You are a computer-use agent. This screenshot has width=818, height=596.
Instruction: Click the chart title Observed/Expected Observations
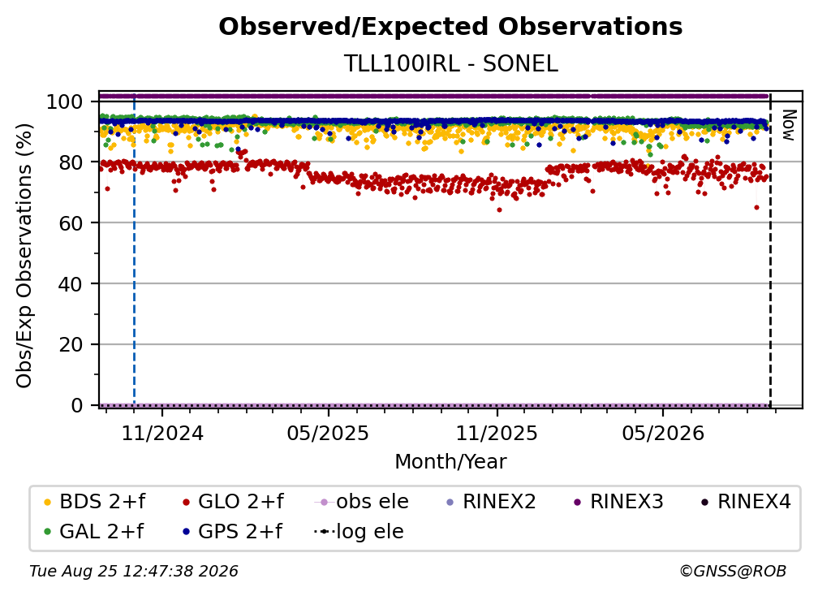pyautogui.click(x=450, y=27)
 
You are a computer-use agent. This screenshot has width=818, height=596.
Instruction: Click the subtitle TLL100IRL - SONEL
pyautogui.click(x=450, y=63)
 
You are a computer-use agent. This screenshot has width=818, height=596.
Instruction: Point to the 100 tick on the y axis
pyautogui.click(x=65, y=101)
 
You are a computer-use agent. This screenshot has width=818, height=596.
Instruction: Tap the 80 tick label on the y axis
pyautogui.click(x=71, y=162)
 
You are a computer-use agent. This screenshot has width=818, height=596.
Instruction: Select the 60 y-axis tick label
pyautogui.click(x=71, y=223)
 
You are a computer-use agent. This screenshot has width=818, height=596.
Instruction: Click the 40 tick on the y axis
pyautogui.click(x=71, y=284)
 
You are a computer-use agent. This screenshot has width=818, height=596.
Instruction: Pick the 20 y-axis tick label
pyautogui.click(x=71, y=345)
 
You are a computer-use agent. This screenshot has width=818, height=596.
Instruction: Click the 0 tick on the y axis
pyautogui.click(x=76, y=405)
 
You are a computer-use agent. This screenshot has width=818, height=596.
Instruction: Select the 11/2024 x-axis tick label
pyautogui.click(x=162, y=433)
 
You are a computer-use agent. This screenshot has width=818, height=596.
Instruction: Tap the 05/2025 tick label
pyautogui.click(x=328, y=433)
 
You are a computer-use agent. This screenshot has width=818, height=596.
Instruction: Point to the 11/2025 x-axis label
pyautogui.click(x=497, y=433)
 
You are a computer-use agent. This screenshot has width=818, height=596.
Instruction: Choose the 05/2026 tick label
pyautogui.click(x=663, y=433)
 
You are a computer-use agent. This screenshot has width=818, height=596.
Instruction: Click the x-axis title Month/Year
pyautogui.click(x=450, y=462)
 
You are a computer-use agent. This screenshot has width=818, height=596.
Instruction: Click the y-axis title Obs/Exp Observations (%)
pyautogui.click(x=24, y=256)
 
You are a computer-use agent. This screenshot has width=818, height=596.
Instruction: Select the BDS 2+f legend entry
pyautogui.click(x=94, y=502)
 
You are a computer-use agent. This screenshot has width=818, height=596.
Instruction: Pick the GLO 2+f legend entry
pyautogui.click(x=233, y=502)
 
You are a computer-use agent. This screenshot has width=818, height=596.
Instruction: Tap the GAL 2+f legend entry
pyautogui.click(x=94, y=532)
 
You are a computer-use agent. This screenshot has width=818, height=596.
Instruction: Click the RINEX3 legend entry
pyautogui.click(x=618, y=502)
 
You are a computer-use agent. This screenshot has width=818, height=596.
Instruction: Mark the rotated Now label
pyautogui.click(x=789, y=125)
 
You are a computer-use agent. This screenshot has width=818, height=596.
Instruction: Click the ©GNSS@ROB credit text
pyautogui.click(x=733, y=572)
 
